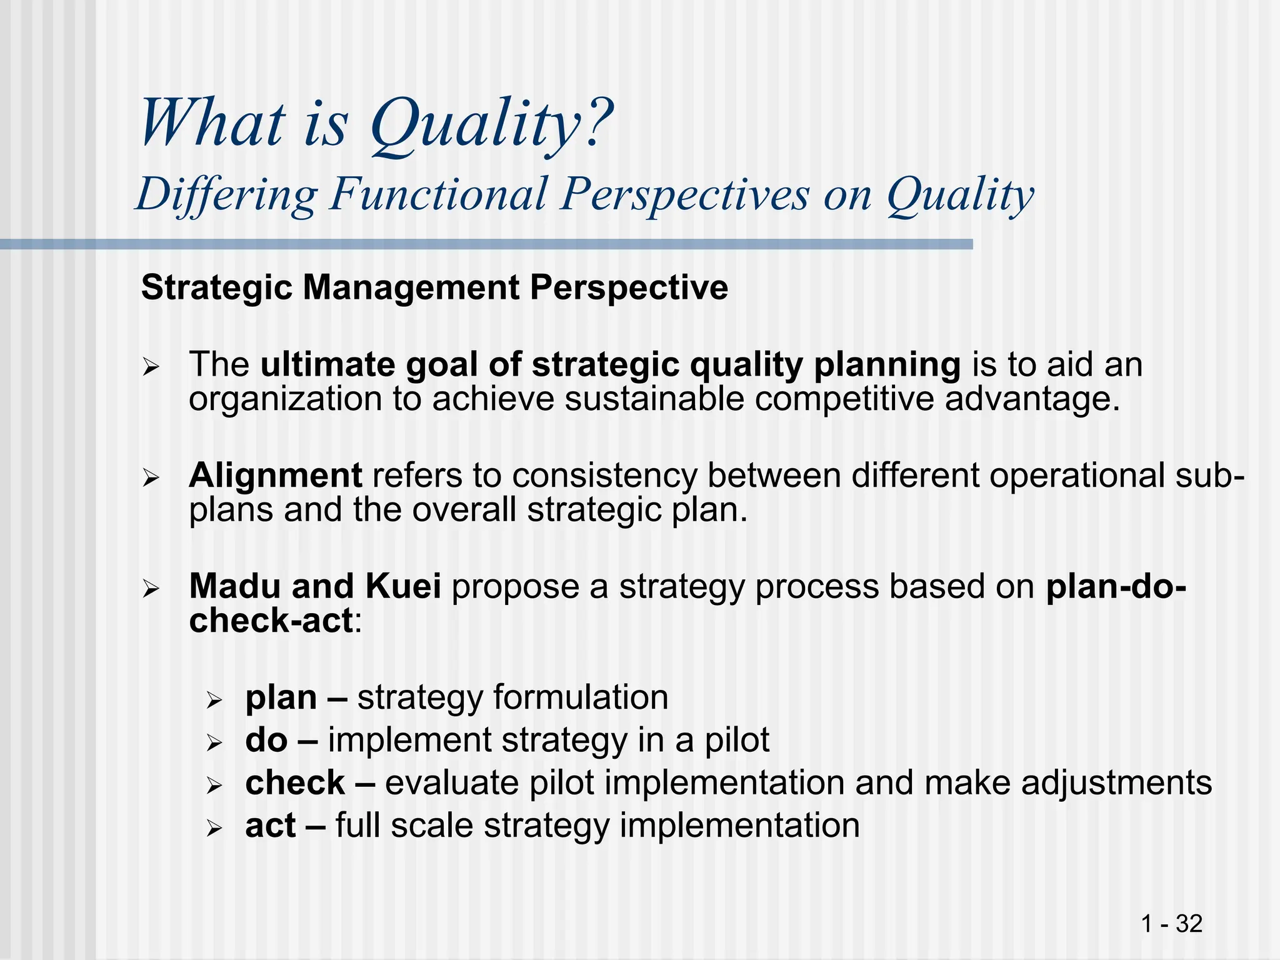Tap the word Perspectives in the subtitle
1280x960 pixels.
point(684,194)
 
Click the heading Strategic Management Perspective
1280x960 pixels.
point(434,288)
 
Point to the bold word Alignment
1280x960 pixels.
point(275,475)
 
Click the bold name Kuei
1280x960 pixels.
point(403,586)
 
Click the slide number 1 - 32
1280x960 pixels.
point(1171,924)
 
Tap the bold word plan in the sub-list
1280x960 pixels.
point(281,698)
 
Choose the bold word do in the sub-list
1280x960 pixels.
point(266,740)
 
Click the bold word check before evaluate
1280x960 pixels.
point(295,782)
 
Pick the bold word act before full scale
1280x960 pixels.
point(270,826)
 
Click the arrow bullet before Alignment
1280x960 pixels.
point(151,479)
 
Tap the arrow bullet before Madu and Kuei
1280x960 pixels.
point(151,589)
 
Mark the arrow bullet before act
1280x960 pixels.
point(214,829)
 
